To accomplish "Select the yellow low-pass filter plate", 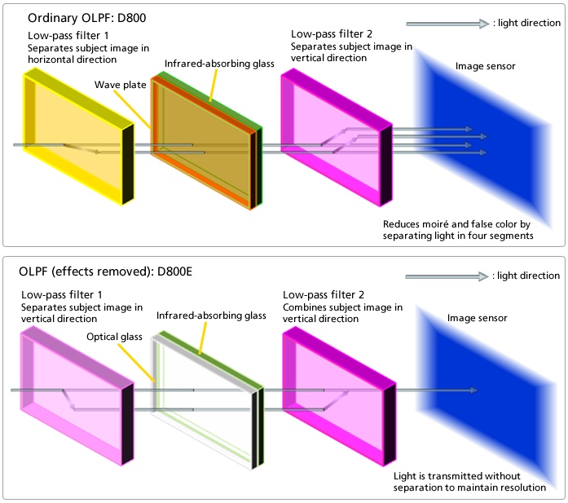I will click(69, 135).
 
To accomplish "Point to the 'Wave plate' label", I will click(118, 84).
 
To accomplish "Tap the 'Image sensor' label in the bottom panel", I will click(479, 317).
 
